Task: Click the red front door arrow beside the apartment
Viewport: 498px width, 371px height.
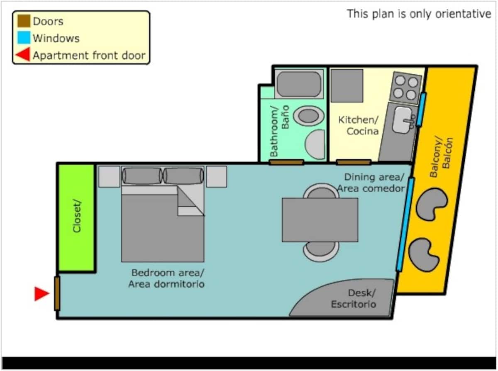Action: [x=41, y=293]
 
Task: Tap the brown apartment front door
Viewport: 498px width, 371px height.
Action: [x=57, y=293]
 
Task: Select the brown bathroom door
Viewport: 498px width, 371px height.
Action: [x=286, y=162]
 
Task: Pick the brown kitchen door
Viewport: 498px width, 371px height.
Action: [x=354, y=162]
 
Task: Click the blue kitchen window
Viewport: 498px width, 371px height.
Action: [x=421, y=110]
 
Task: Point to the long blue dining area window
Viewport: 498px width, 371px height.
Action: [x=405, y=225]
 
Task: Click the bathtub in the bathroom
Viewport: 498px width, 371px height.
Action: [x=299, y=84]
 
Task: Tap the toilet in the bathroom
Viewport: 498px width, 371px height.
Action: [x=309, y=116]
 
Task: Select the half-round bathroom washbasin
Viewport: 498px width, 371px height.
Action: [x=315, y=144]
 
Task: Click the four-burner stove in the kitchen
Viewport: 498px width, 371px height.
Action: [x=405, y=88]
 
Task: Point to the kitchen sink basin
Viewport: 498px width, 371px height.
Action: [x=403, y=120]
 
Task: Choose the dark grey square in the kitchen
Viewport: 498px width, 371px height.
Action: [x=347, y=86]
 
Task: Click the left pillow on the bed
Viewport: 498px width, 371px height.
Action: [x=142, y=176]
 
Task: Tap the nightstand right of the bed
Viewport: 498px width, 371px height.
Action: [x=217, y=176]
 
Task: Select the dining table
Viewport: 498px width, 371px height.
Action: [x=320, y=220]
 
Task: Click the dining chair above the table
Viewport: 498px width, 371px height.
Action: [x=321, y=191]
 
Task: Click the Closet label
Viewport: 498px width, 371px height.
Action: [x=77, y=217]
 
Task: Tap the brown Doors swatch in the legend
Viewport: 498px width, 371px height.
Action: [x=24, y=21]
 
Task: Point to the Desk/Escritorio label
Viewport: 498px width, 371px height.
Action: [x=354, y=299]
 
